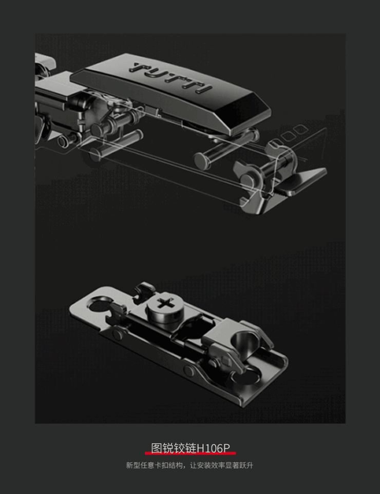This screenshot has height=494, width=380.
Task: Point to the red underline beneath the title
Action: [190, 453]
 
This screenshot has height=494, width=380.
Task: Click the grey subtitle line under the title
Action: [189, 465]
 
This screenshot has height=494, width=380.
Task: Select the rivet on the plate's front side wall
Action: [188, 370]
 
